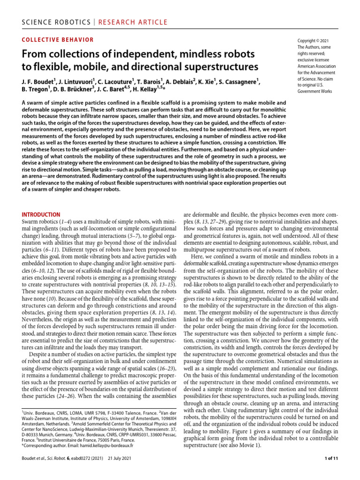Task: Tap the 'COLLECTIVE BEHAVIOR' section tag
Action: (58, 40)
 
